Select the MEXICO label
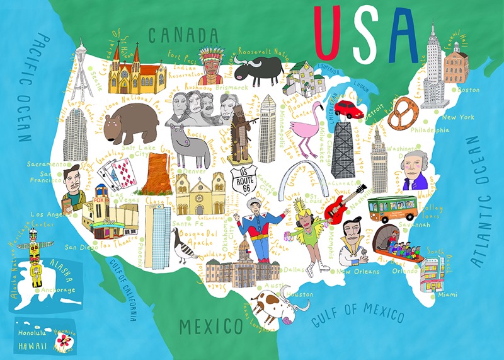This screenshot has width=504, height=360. pos(210,326)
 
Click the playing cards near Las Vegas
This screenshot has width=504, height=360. pos(118,172)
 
